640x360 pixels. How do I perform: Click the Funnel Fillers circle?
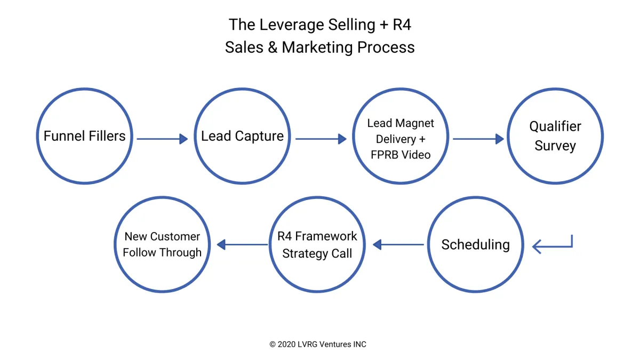point(84,136)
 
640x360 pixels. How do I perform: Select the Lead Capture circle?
point(242,136)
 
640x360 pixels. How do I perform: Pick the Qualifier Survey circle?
point(555,136)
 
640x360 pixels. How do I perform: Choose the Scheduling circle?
point(475,245)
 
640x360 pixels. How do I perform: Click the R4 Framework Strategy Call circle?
point(317,245)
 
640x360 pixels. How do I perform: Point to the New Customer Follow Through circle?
point(162,245)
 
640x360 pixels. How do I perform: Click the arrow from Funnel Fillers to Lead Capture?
point(162,139)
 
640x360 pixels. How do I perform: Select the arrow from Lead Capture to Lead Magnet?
point(321,139)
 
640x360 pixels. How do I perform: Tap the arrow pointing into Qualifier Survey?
point(478,139)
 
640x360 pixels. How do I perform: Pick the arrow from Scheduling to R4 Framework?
point(398,245)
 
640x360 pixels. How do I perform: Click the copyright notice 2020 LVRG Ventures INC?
point(318,344)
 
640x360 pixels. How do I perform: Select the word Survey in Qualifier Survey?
point(555,146)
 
